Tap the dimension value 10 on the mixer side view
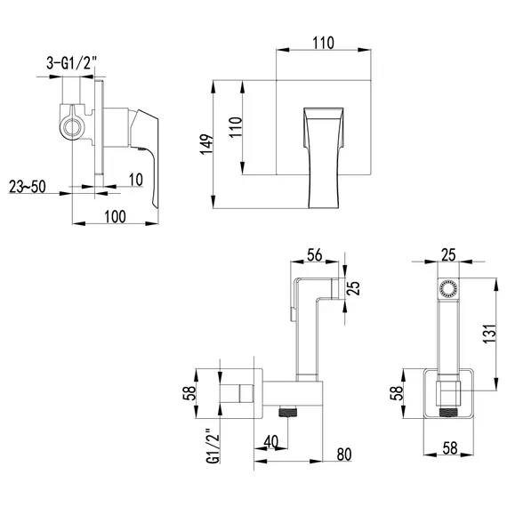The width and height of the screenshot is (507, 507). tap(135, 180)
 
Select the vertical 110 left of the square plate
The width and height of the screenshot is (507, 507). tap(235, 127)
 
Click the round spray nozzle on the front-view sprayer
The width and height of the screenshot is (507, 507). tap(448, 289)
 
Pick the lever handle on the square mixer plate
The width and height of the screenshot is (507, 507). tap(326, 156)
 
